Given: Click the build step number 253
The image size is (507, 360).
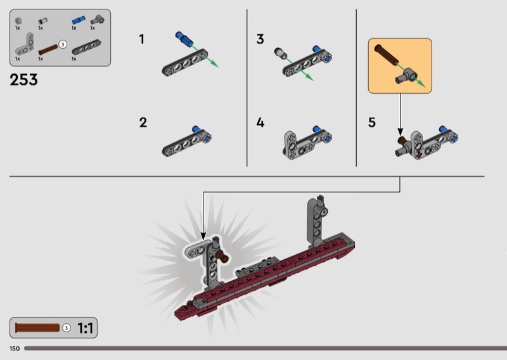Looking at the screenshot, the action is [23, 80].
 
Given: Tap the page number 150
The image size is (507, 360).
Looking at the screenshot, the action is [15, 349].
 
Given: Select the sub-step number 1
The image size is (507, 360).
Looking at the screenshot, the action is [141, 39].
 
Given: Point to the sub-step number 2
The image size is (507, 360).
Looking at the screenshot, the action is [143, 122].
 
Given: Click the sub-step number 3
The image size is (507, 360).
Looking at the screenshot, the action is [260, 39].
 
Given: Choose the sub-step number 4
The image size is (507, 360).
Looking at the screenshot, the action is [260, 122].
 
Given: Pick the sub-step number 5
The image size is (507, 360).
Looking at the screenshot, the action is [372, 122].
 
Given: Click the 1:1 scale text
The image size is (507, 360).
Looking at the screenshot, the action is [85, 328].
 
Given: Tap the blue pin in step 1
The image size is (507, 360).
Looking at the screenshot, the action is [184, 39].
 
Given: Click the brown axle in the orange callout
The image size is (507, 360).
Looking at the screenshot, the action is [386, 55].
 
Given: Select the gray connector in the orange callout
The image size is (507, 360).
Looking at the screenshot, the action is [407, 76].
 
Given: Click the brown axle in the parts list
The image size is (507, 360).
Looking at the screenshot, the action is [48, 50].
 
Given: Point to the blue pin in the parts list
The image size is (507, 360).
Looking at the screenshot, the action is [79, 20].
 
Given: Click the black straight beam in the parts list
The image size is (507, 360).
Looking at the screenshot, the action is [86, 48].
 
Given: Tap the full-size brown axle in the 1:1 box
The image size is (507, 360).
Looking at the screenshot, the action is [37, 328].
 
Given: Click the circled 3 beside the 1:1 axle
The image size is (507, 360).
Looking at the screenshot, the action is [67, 328].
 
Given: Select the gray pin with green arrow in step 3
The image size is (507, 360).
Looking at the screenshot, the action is [280, 53].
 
